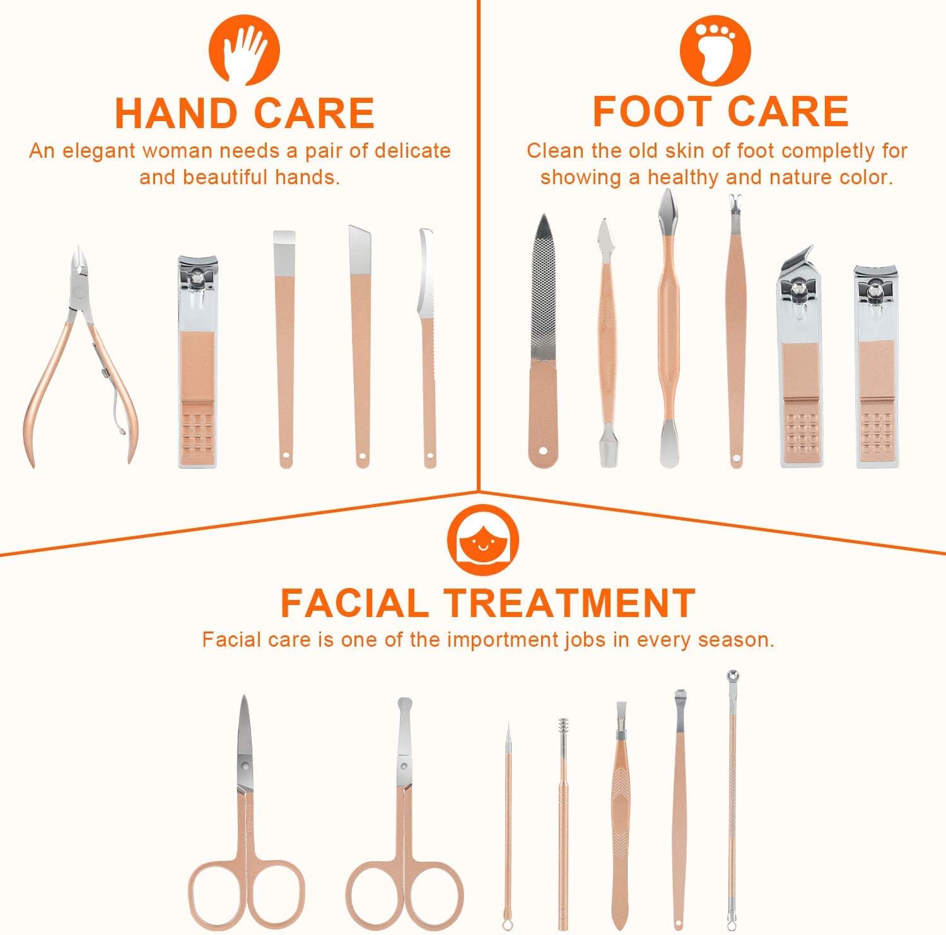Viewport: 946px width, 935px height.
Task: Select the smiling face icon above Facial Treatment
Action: (x=483, y=540)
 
